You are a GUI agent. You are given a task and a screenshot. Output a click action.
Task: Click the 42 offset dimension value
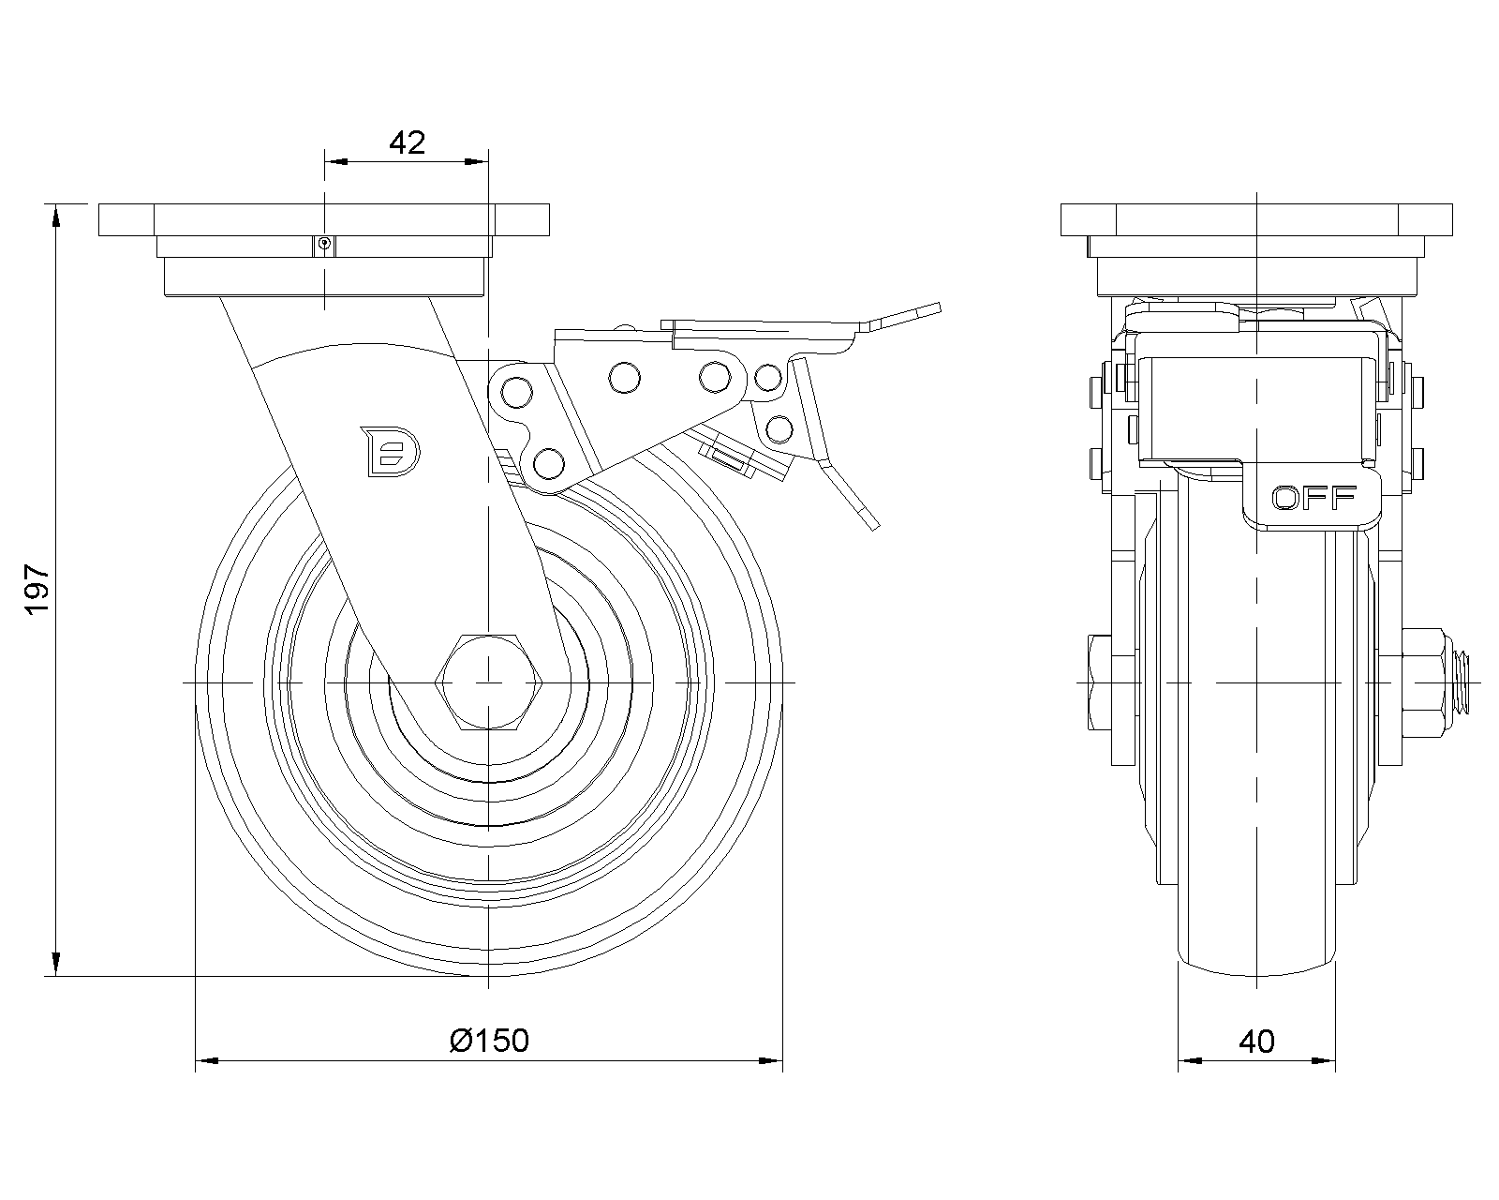407,142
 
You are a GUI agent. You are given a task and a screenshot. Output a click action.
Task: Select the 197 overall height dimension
37,589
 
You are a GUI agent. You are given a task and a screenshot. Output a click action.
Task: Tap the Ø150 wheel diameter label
489,1040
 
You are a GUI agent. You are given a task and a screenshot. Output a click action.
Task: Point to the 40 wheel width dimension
1256,1041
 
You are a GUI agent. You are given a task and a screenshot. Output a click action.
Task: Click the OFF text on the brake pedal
1313,498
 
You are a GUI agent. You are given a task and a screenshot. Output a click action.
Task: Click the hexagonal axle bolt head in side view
487,681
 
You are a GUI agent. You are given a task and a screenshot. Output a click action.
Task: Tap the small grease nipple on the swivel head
324,244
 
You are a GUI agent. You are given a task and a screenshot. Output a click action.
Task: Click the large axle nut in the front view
1427,681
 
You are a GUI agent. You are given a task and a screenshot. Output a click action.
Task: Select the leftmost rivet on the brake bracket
514,390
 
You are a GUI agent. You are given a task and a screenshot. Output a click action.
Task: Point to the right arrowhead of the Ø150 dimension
772,1061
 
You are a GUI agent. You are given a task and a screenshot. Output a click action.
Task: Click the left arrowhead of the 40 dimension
1189,1061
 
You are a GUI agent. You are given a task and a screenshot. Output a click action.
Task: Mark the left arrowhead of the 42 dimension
336,162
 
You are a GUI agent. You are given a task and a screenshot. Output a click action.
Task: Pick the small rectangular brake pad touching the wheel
730,458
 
